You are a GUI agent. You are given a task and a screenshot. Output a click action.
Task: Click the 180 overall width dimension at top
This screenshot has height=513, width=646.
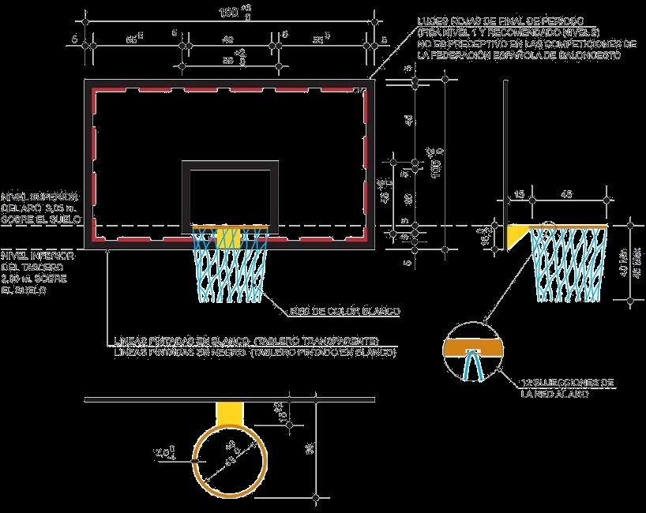[229, 13]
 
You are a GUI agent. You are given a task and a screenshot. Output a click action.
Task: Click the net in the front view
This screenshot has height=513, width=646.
[229, 268]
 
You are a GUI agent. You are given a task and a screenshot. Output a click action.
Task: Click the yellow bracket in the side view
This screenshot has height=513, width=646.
[518, 235]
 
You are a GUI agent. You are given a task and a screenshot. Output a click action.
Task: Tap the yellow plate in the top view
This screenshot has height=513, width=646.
[230, 413]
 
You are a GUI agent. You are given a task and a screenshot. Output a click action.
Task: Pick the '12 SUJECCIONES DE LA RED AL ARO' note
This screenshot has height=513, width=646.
[568, 387]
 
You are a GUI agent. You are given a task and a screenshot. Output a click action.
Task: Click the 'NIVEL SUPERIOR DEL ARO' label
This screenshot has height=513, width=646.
[39, 207]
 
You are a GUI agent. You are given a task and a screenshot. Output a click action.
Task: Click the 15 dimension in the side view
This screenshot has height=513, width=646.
[519, 193]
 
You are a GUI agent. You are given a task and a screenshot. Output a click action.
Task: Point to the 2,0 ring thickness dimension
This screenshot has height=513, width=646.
[163, 454]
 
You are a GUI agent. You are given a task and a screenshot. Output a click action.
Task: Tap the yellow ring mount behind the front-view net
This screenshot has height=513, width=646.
[229, 237]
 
